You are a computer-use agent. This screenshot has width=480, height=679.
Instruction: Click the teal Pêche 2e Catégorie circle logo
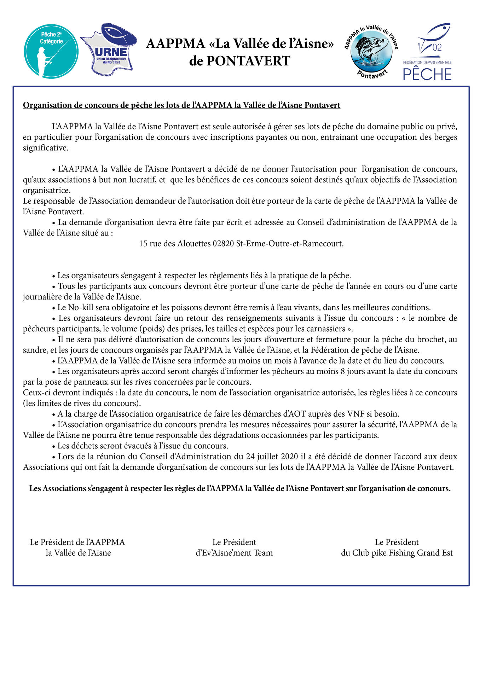click(x=51, y=51)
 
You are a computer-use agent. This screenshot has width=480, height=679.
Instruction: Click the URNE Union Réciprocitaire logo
click(x=109, y=50)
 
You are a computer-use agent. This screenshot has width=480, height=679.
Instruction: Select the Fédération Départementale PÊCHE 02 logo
click(x=428, y=52)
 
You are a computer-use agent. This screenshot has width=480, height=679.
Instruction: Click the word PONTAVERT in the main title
click(x=248, y=61)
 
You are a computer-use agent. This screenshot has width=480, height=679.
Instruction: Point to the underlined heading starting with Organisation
click(x=181, y=105)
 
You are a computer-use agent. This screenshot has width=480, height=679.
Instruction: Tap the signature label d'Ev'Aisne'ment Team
click(x=234, y=553)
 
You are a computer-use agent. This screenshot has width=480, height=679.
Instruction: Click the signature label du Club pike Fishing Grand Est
click(x=397, y=553)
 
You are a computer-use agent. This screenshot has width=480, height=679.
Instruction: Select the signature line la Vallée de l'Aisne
click(x=78, y=553)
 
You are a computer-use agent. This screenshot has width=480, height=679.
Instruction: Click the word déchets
click(x=83, y=446)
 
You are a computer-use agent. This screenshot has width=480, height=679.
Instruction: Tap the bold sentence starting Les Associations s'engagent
click(x=240, y=488)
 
